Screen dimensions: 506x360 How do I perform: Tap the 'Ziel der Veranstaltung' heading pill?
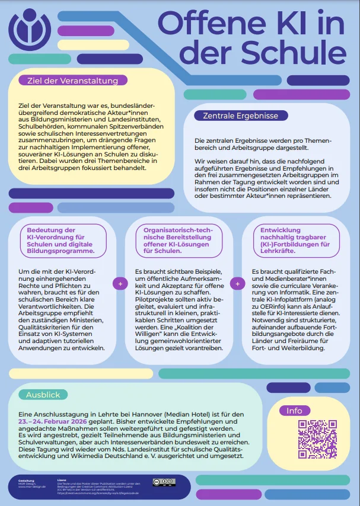(72, 81)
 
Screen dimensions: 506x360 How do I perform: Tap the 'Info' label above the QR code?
(294, 411)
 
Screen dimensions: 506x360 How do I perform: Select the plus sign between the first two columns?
(120, 284)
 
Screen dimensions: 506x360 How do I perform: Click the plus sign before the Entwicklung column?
(237, 284)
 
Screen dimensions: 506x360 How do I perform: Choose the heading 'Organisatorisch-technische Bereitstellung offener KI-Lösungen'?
(176, 240)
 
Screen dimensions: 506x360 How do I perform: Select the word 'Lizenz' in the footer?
(61, 480)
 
